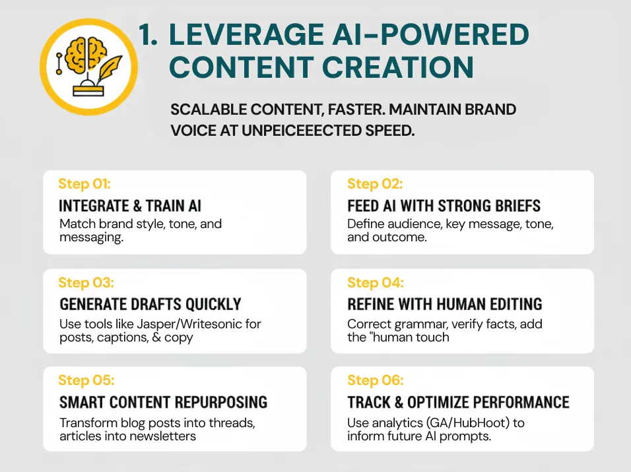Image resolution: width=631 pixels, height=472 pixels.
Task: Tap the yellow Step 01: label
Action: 84,184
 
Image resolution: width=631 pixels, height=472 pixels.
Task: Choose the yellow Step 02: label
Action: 375,184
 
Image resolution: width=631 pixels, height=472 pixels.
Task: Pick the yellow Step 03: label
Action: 86,283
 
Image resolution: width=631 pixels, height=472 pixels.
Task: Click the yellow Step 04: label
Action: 376,283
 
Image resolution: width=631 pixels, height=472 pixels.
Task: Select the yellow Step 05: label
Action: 86,380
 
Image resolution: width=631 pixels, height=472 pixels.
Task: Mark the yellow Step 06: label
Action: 376,380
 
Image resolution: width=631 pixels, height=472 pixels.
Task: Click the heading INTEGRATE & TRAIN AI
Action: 131,206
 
